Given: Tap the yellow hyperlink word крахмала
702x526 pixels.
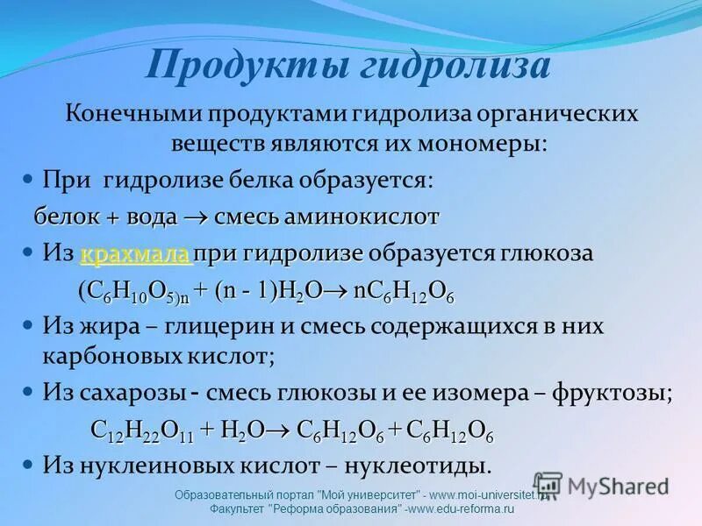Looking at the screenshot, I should coord(135,254).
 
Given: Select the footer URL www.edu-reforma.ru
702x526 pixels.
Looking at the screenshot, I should coord(461,509).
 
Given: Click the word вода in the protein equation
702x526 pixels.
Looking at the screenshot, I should coord(151,216).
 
